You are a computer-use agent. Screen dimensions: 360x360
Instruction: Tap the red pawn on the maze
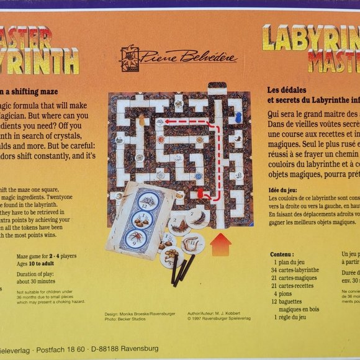[x=200, y=194]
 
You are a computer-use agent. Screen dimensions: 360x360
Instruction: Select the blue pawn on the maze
[x=238, y=118]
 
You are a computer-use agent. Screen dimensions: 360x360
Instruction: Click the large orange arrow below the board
[x=220, y=244]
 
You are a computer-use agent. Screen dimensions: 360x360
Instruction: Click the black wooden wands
[x=181, y=269]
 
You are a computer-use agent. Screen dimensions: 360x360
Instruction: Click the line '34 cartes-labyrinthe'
[x=295, y=269]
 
